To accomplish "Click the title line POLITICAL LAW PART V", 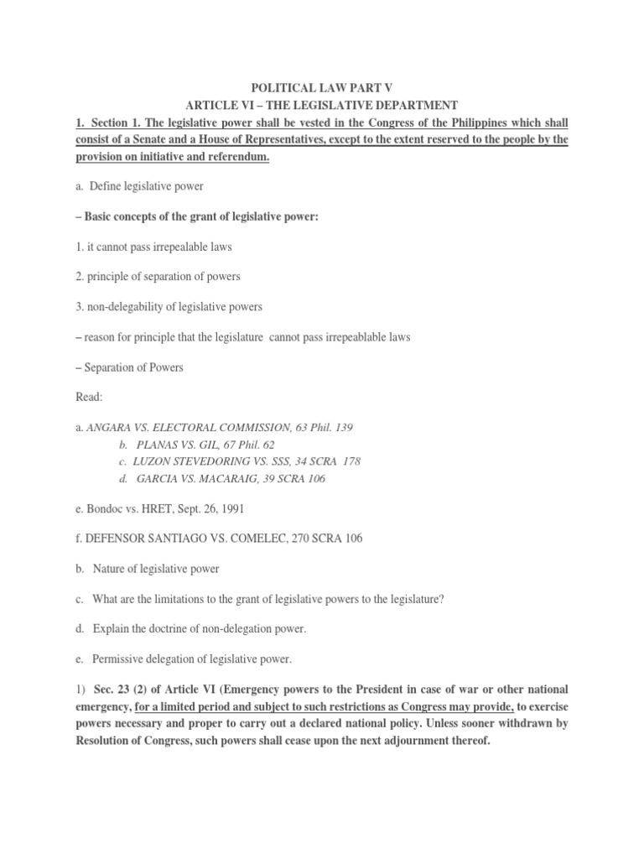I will tap(321, 86).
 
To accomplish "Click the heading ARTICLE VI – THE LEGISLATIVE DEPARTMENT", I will tap(321, 105).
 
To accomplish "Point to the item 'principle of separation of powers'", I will tap(150, 278).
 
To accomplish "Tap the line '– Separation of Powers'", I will tap(129, 367).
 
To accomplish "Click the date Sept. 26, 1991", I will tap(207, 508).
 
